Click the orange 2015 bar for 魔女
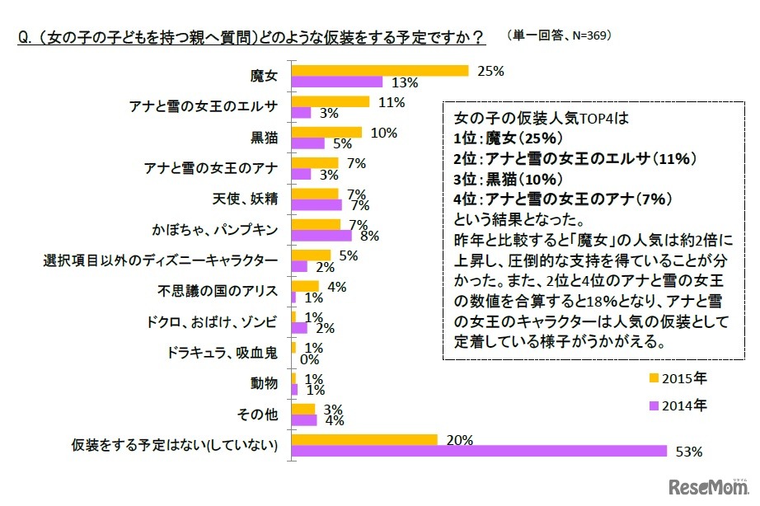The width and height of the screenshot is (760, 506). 380,71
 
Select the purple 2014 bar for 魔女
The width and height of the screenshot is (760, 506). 337,82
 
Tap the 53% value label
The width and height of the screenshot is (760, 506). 688,451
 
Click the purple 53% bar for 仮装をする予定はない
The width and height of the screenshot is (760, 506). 479,451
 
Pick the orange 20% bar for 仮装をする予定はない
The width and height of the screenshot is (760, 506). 364,439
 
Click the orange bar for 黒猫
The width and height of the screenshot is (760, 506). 326,132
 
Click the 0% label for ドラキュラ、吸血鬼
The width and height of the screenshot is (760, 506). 310,359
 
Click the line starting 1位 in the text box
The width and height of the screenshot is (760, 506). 508,137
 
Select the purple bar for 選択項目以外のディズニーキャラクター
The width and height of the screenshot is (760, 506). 299,266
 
